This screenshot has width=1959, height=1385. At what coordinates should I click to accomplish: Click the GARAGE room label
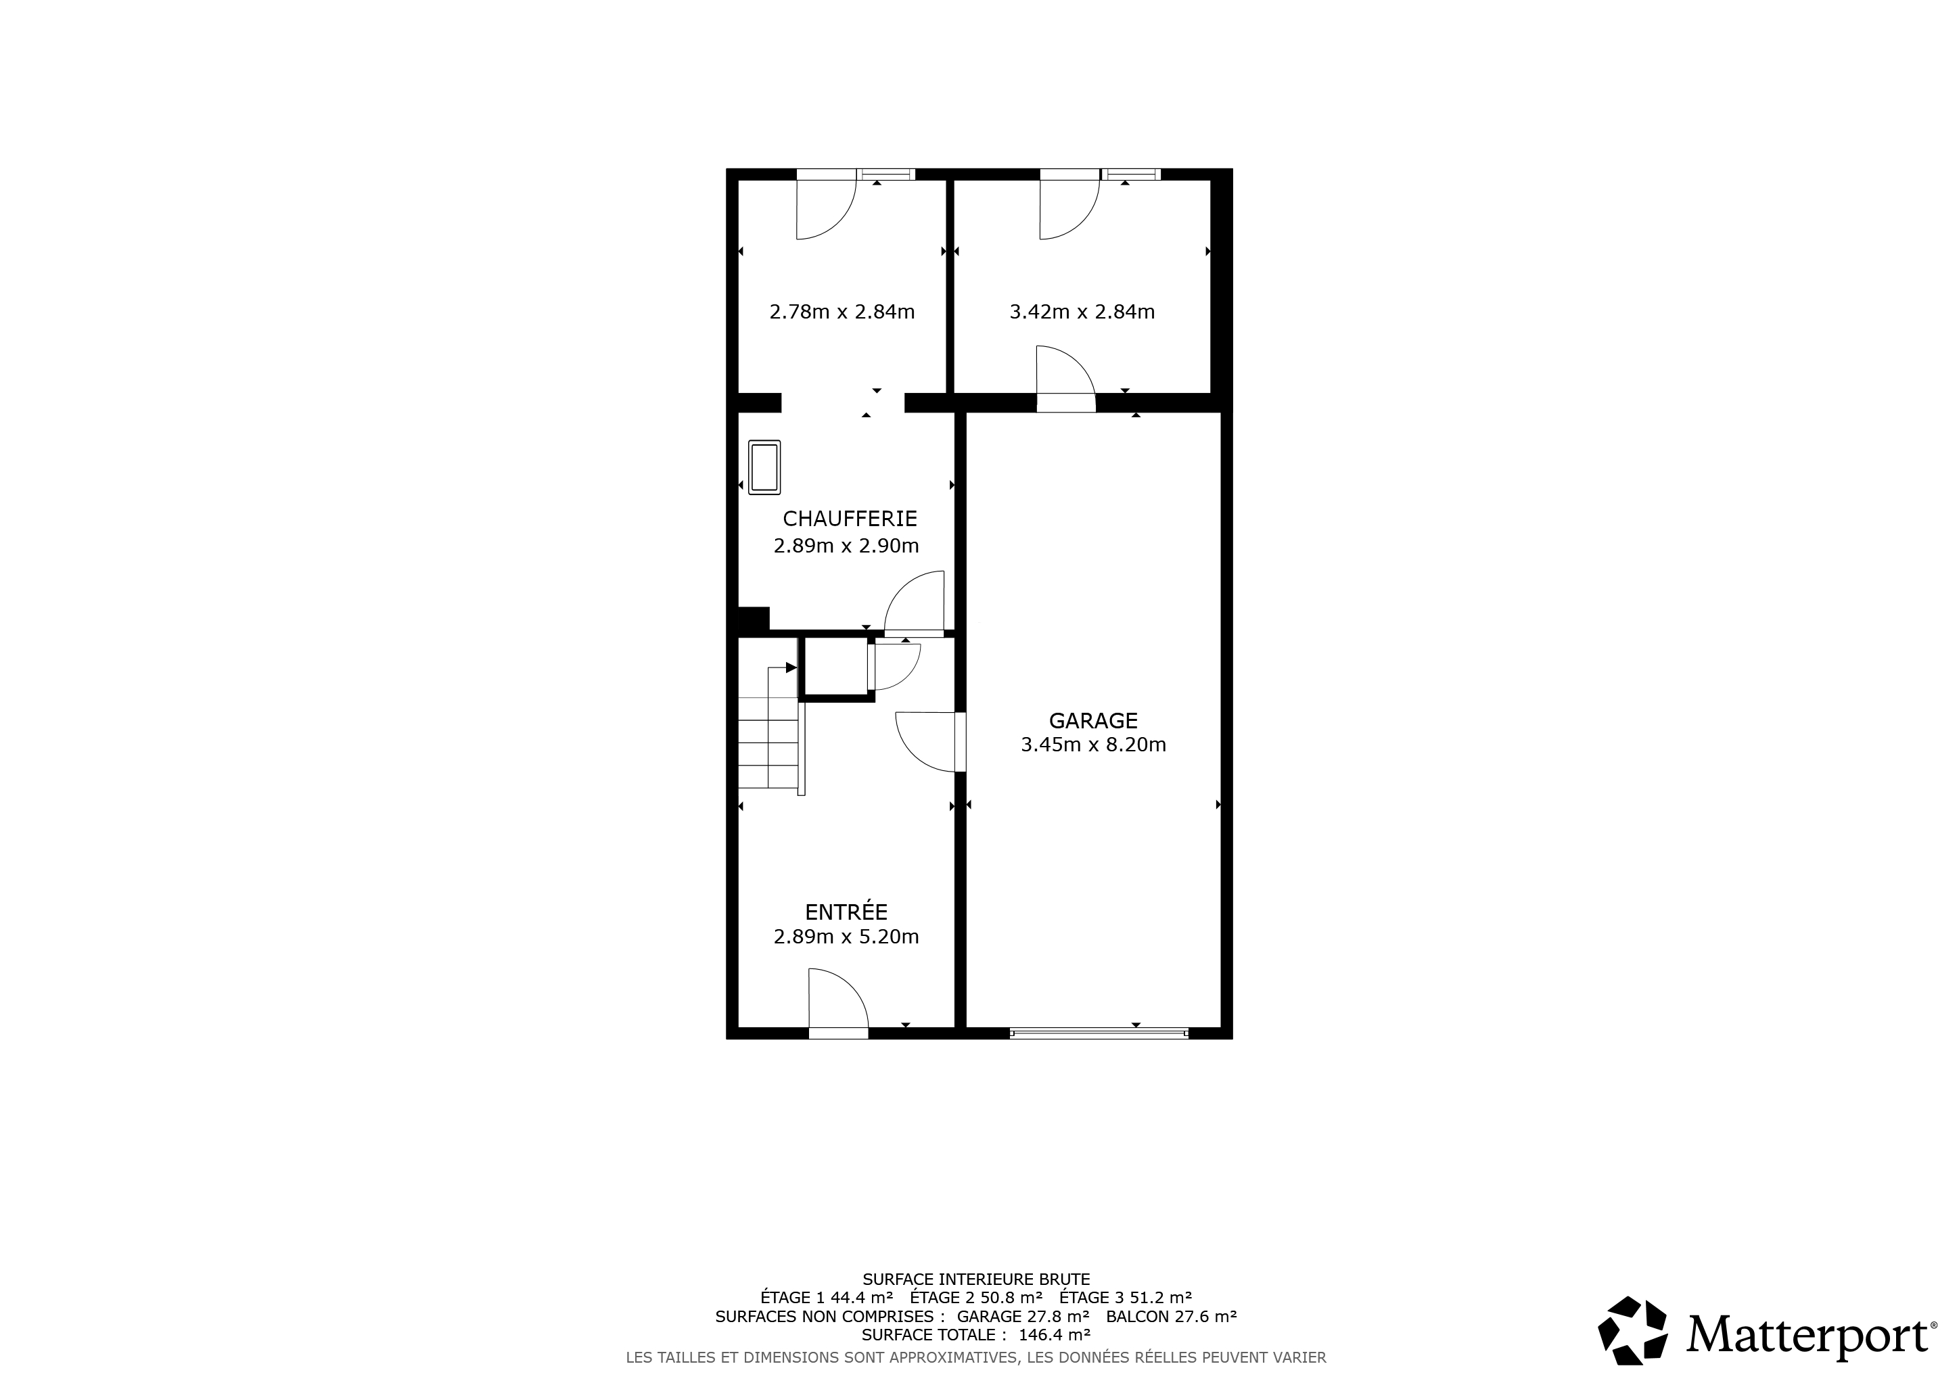coord(1093,721)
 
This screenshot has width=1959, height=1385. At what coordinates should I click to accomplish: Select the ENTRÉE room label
coord(846,911)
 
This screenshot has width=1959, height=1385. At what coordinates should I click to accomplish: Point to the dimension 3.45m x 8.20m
coord(1093,745)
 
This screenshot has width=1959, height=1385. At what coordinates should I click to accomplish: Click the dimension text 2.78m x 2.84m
coord(842,312)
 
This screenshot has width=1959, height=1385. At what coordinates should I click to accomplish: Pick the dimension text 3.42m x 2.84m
coord(1082,312)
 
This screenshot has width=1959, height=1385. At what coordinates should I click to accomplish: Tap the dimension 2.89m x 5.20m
coord(846,937)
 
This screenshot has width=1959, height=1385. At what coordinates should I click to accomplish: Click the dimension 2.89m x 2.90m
coord(846,546)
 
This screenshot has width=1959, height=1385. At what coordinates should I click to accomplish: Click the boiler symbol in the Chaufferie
coord(764,467)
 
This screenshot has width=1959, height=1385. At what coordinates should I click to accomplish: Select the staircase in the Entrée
coord(771,728)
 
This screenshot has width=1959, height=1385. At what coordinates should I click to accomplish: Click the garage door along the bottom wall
coord(1099,1033)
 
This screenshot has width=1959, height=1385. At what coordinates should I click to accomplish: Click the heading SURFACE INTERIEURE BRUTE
coord(976,1280)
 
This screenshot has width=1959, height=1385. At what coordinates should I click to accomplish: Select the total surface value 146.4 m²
coord(1055,1335)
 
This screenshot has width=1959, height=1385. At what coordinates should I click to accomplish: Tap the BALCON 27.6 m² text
coord(1172,1316)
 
